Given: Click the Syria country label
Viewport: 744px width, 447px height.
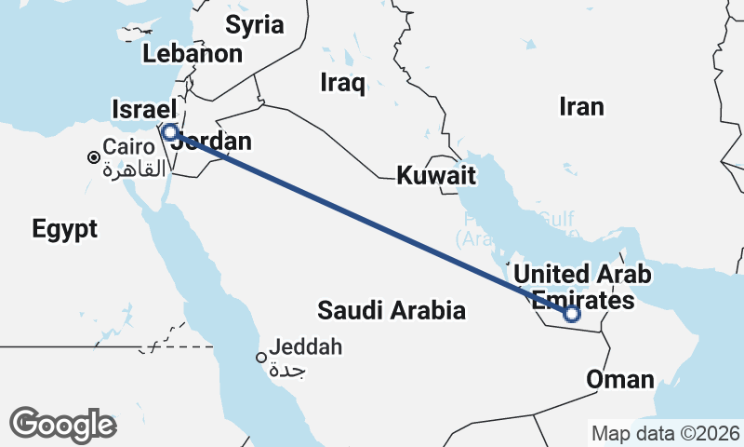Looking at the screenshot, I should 254,24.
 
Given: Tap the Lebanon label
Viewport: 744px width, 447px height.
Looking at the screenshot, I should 193,53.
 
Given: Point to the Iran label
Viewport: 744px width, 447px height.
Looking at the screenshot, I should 581,106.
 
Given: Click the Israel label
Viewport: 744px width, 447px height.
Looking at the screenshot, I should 141,109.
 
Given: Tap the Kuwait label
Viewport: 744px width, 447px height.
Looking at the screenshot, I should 436,175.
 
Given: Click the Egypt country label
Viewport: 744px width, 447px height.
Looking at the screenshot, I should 64,229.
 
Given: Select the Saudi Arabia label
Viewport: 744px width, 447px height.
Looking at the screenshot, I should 391,310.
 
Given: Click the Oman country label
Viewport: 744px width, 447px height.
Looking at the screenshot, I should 619,379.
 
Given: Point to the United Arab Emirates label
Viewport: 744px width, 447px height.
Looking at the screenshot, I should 582,287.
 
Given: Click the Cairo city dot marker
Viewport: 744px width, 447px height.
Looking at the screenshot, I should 94,157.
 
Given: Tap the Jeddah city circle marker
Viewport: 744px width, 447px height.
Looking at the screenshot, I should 262,358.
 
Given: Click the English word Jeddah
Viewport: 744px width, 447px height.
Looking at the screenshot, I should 306,348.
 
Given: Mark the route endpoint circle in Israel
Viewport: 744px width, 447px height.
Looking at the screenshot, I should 170,131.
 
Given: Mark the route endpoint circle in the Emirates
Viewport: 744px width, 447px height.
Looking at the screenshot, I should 572,315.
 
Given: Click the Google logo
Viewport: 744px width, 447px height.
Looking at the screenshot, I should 62,425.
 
